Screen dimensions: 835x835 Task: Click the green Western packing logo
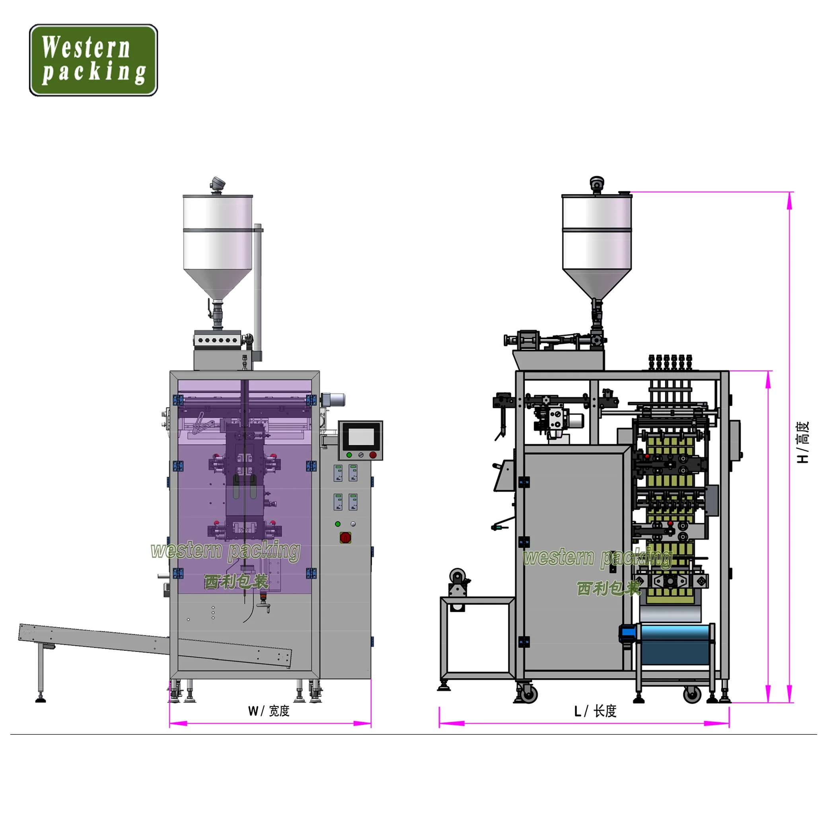click(x=93, y=60)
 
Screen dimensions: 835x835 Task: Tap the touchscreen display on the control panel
click(x=361, y=436)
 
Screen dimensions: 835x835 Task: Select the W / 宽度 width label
click(x=269, y=711)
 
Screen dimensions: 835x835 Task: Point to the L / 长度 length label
click(x=595, y=711)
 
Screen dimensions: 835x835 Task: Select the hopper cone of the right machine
click(x=597, y=283)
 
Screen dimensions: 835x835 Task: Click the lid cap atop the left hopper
click(x=217, y=185)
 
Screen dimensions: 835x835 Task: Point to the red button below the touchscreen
click(x=373, y=455)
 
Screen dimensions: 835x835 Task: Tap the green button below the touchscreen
click(x=349, y=455)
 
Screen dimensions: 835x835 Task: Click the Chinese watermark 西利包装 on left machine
click(x=236, y=581)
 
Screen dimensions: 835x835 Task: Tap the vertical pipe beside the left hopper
click(x=258, y=290)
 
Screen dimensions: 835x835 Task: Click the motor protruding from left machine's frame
click(x=333, y=399)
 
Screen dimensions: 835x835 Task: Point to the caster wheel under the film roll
click(x=691, y=695)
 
